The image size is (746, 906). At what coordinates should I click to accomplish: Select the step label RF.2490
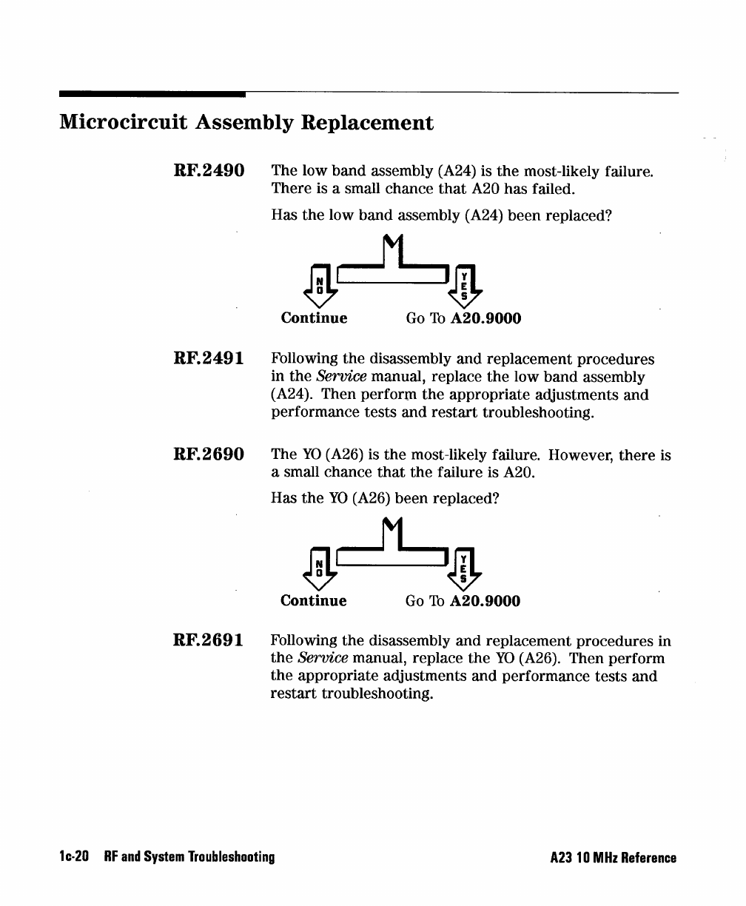[x=208, y=172]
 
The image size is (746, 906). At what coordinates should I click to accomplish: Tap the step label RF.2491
[x=208, y=359]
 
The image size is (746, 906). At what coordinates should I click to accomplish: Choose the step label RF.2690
[x=208, y=455]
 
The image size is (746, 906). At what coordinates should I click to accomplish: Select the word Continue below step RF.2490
[x=314, y=318]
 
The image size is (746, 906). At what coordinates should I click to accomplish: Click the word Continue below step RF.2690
[x=313, y=601]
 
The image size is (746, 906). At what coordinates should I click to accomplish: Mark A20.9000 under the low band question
[x=485, y=318]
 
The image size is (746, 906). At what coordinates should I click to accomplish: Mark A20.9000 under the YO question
[x=485, y=601]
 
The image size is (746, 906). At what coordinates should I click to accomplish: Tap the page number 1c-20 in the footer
[x=74, y=859]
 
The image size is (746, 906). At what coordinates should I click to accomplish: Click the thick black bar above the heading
[x=152, y=94]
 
